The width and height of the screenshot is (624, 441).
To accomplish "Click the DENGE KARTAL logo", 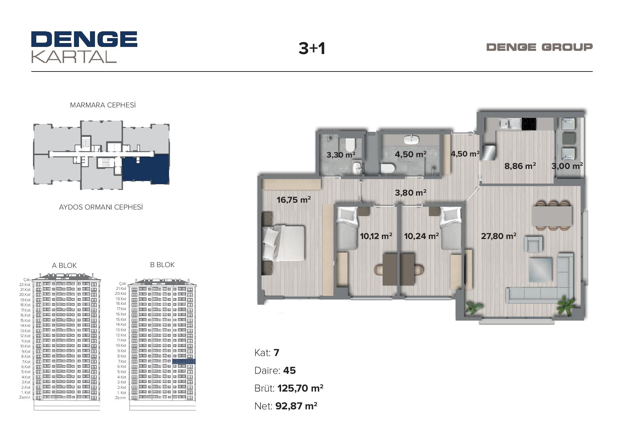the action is (x=84, y=47).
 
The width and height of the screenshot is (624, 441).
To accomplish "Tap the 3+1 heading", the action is (x=312, y=48).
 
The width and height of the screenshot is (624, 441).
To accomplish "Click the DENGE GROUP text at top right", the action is (x=539, y=47).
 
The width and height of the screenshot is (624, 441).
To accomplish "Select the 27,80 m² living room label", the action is (x=499, y=236).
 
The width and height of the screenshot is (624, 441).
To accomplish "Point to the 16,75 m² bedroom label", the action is (x=294, y=200).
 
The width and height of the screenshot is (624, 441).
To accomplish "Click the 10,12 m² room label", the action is (x=376, y=236).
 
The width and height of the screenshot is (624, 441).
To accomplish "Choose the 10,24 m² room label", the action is (x=422, y=236).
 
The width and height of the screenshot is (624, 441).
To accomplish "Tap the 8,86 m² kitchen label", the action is (x=520, y=166).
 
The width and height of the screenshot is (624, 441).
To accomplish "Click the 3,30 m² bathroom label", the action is (x=341, y=155).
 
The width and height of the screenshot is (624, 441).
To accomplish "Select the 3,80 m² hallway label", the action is (x=411, y=192).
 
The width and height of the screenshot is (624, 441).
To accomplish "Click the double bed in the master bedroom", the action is (x=284, y=243).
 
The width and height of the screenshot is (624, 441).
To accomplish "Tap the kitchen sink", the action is (x=509, y=124).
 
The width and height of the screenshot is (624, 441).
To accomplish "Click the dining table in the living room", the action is (x=552, y=216).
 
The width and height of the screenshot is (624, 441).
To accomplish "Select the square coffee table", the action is (x=540, y=270).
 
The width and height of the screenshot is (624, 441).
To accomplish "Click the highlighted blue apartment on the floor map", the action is (x=146, y=169).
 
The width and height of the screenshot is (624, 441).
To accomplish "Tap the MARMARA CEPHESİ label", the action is (x=103, y=105).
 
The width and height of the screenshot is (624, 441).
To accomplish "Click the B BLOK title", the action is (x=162, y=265).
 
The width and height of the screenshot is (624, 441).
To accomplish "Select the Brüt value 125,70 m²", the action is (x=301, y=388).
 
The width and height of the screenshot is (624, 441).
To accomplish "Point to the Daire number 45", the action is (x=290, y=371).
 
